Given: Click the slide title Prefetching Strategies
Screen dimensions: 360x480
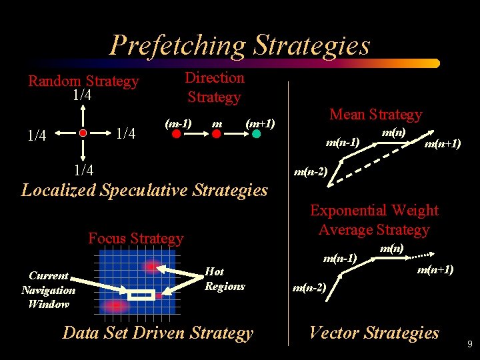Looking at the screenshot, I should coord(239,45).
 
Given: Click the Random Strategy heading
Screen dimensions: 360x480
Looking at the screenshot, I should coord(83,81).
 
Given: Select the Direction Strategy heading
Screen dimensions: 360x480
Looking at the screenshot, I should coord(214,87).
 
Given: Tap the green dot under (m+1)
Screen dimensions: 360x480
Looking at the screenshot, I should coord(257,133).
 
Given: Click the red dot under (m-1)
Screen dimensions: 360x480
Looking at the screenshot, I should coord(177,133).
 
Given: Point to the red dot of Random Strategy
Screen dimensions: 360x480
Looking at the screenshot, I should coord(83,133).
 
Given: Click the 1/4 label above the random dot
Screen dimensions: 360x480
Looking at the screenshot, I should coord(82,95).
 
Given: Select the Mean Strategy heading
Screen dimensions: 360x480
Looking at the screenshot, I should coord(376,114).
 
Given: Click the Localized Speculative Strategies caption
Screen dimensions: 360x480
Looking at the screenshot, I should coord(145,190).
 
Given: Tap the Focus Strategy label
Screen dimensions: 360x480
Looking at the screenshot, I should coord(135,238).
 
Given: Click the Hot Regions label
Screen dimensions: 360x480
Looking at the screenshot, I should coord(225,279).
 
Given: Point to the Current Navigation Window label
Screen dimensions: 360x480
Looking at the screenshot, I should coord(48,289).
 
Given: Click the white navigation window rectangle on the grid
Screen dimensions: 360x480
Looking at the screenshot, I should coord(141,295).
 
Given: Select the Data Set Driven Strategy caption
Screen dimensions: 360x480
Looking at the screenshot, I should coord(158,333).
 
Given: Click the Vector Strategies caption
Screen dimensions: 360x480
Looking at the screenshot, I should coord(374,333).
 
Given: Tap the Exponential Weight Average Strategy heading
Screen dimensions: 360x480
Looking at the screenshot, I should coord(374,220).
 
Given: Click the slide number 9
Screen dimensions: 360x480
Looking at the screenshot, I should coord(469,345).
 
